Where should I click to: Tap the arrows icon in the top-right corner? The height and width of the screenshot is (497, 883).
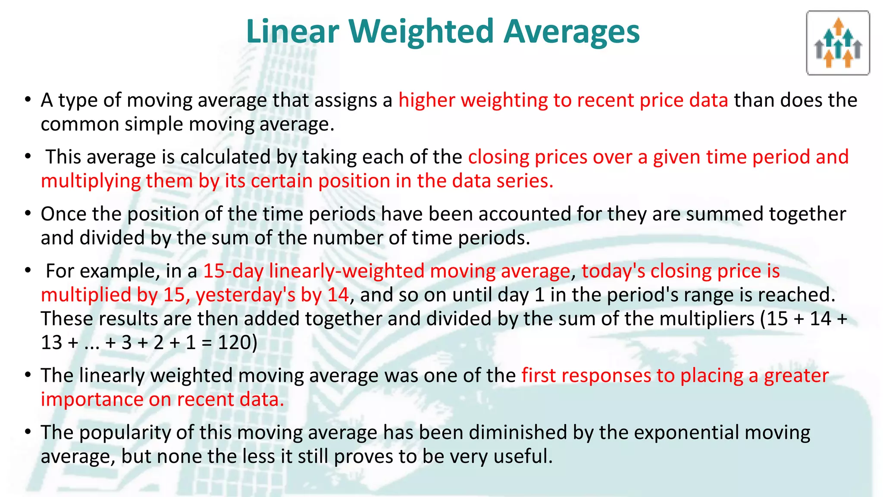tap(838, 43)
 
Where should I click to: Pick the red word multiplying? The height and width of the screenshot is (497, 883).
tap(91, 181)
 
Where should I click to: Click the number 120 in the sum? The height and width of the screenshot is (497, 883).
tap(235, 343)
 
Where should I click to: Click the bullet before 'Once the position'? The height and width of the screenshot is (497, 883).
tap(28, 214)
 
